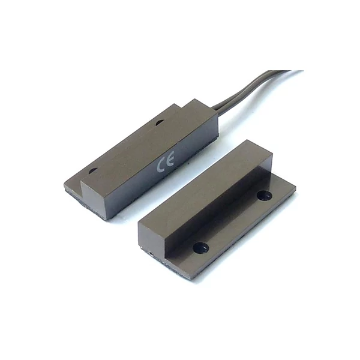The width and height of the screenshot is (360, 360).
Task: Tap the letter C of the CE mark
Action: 161,166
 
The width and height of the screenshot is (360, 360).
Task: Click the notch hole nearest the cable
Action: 160,123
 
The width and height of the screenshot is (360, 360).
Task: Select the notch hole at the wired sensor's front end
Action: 92,171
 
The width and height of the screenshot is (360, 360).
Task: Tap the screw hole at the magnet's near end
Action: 201,247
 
